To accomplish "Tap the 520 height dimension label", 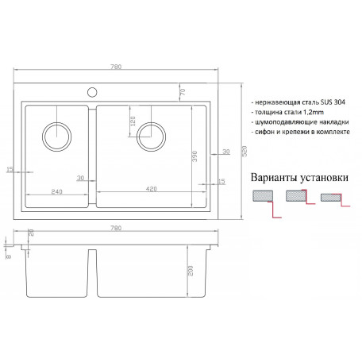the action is pyautogui.click(x=245, y=151).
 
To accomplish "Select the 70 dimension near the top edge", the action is pyautogui.click(x=183, y=92).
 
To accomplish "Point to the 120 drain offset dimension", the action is pyautogui.click(x=133, y=121).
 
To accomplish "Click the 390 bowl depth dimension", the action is pyautogui.click(x=194, y=156).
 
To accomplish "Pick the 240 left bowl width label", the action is pyautogui.click(x=56, y=191).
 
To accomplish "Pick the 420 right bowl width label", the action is pyautogui.click(x=152, y=189).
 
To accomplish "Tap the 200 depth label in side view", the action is pyautogui.click(x=191, y=271).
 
